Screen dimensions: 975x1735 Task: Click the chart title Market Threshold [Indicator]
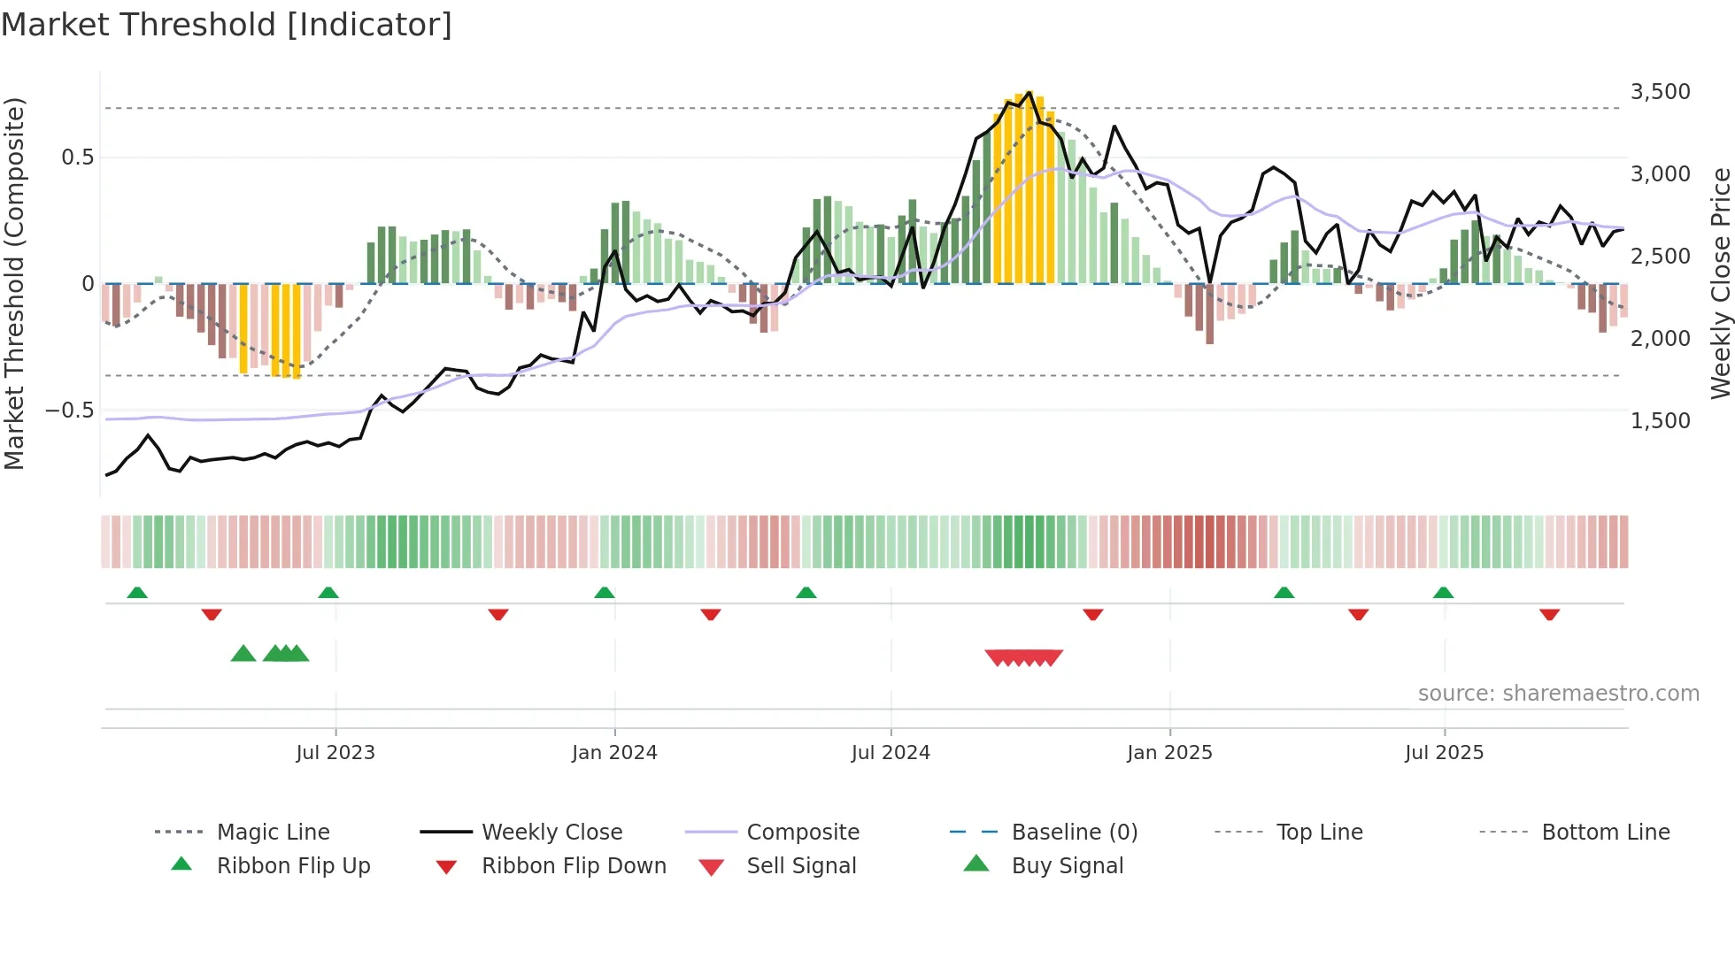(227, 25)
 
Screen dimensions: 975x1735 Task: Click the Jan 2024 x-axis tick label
(614, 752)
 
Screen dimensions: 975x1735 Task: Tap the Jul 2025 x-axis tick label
(1444, 752)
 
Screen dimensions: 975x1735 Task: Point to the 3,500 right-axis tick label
(1660, 92)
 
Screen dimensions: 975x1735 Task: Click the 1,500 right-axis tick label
(1660, 420)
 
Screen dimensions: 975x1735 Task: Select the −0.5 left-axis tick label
(69, 411)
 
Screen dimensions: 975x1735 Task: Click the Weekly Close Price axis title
(1720, 283)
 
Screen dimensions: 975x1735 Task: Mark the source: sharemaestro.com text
(1558, 693)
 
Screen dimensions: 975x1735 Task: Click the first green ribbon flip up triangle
(137, 593)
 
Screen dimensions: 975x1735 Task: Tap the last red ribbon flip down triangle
(1549, 614)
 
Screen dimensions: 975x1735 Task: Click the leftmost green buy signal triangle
(243, 654)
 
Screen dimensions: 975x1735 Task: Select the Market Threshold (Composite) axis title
(14, 283)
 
